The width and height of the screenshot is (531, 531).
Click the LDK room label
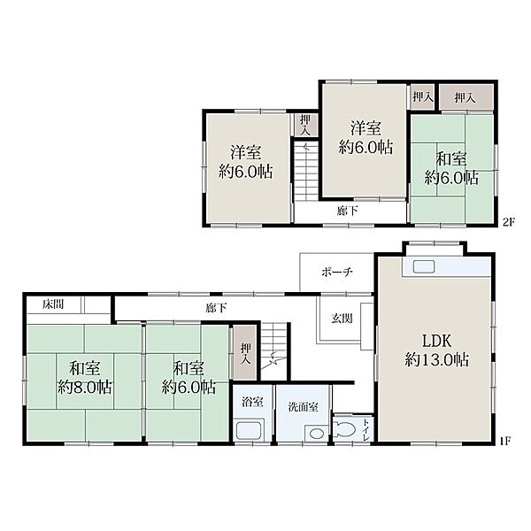click(x=437, y=341)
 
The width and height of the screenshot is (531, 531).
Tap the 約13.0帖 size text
click(x=437, y=359)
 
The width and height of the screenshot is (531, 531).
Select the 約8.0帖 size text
click(x=85, y=387)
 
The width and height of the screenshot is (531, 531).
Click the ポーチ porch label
click(x=337, y=272)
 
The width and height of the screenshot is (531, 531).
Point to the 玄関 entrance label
click(x=342, y=319)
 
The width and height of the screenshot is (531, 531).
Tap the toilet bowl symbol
click(x=344, y=430)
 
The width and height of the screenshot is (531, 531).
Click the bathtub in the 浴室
click(x=250, y=430)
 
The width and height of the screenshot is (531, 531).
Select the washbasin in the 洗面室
click(x=317, y=434)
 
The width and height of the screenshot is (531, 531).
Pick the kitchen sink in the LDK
click(x=424, y=267)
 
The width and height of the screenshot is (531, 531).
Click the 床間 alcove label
click(x=53, y=304)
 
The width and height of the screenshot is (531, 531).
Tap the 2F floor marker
click(x=509, y=222)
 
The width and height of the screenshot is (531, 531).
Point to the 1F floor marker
click(x=505, y=442)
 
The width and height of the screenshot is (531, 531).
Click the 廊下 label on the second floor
click(x=348, y=211)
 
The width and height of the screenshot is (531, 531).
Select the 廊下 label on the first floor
click(x=217, y=308)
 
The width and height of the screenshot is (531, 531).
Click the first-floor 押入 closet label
click(x=246, y=354)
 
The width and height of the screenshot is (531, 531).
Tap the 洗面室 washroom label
click(x=303, y=407)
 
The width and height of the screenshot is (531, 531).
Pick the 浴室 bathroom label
click(x=252, y=402)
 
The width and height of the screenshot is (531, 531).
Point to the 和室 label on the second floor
click(x=451, y=158)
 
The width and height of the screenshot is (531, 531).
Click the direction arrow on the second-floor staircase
click(x=307, y=148)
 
